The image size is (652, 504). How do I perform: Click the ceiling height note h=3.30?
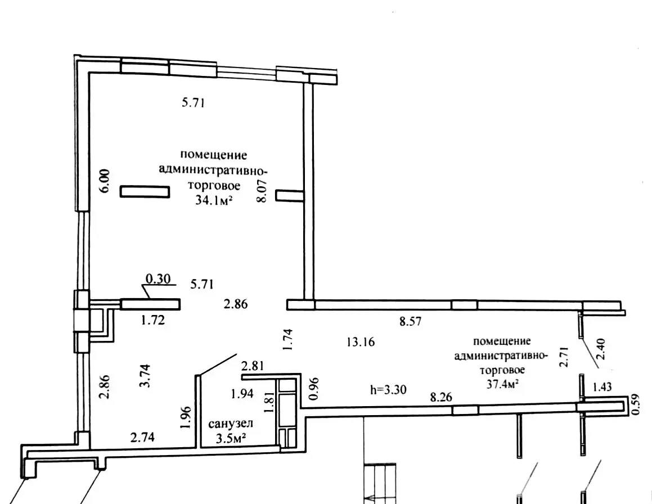(x=388, y=388)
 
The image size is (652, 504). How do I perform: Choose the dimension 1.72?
(x=152, y=321)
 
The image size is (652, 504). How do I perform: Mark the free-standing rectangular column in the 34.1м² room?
(x=145, y=192)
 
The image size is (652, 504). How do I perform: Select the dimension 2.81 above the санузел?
(x=252, y=366)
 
